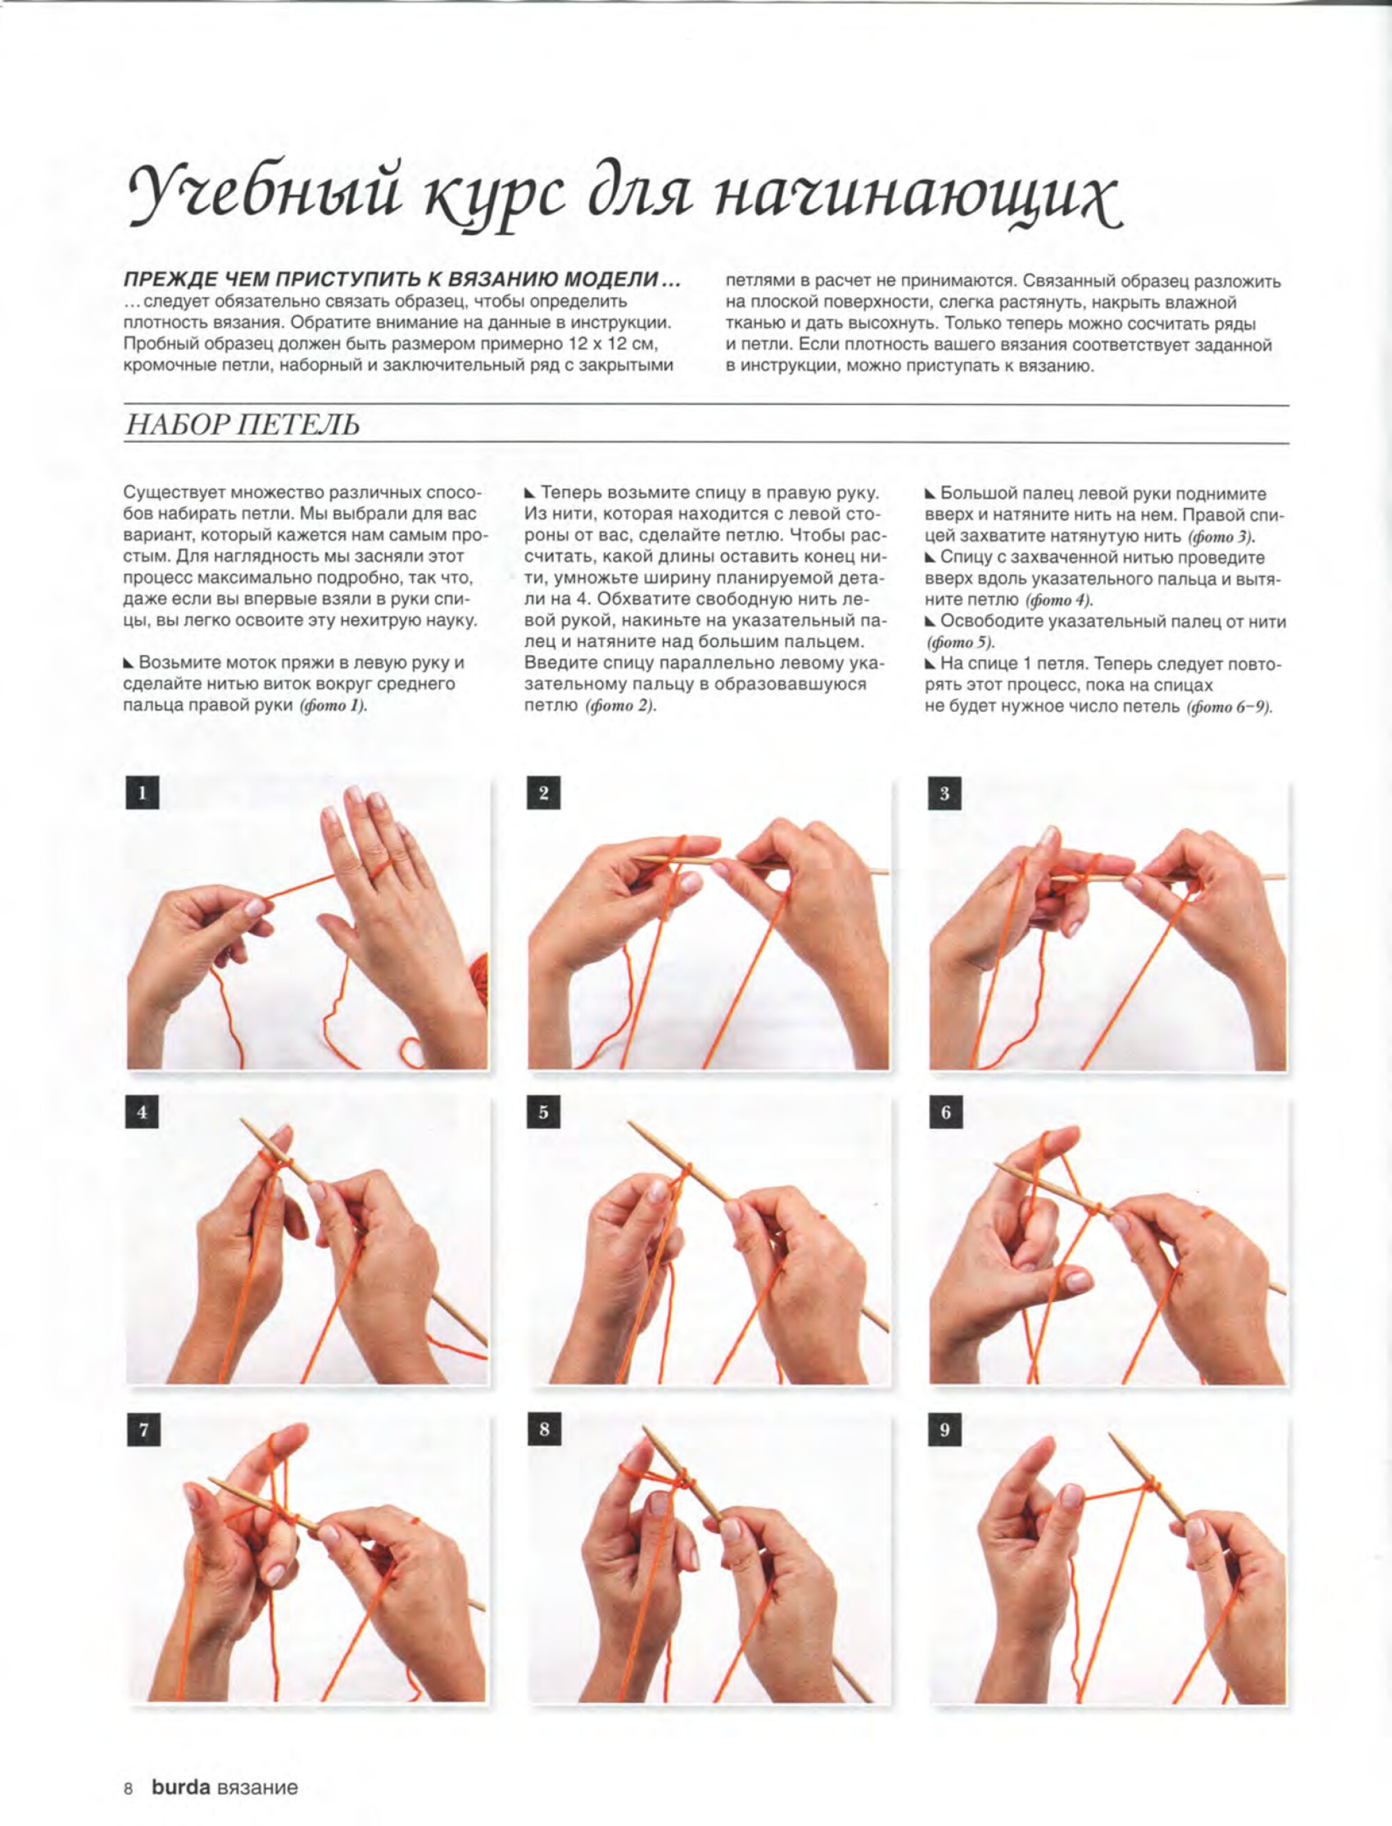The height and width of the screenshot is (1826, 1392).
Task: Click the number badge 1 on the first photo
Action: pyautogui.click(x=142, y=793)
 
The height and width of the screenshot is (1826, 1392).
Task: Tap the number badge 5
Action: pyautogui.click(x=544, y=1112)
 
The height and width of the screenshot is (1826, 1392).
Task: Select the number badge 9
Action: pyautogui.click(x=944, y=1429)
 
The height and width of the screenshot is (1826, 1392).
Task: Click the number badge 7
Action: pyautogui.click(x=143, y=1430)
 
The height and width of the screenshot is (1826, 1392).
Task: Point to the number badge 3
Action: pyautogui.click(x=944, y=794)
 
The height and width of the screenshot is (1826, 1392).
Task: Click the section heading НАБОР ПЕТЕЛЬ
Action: pyautogui.click(x=242, y=425)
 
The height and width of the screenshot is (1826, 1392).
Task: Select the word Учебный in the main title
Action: pyautogui.click(x=265, y=196)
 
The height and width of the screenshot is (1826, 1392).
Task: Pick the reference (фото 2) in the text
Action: pyautogui.click(x=621, y=706)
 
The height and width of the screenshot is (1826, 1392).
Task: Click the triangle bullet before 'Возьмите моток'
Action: pyautogui.click(x=129, y=662)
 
